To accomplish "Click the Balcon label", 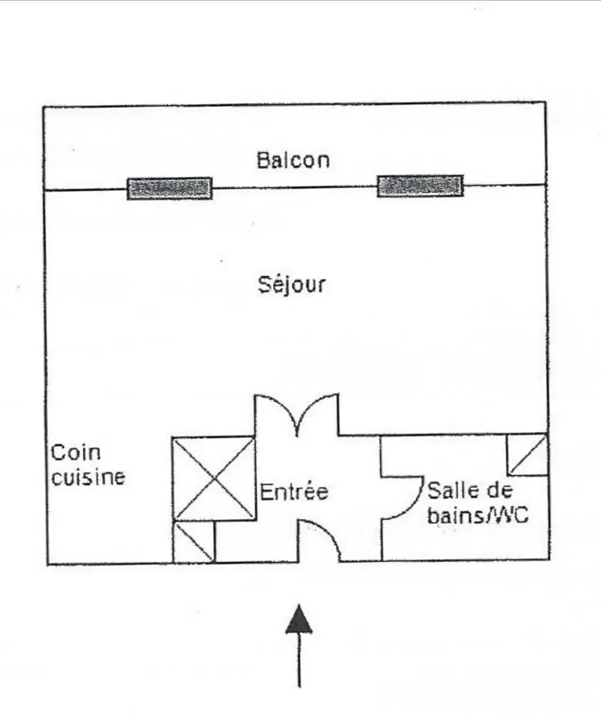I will coord(293,159).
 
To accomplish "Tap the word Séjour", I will coord(292,285).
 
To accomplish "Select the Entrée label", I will coord(293,492).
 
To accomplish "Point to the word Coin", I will coord(76,452).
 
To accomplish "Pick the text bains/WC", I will coord(477,515).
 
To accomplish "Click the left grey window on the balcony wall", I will coord(170,187).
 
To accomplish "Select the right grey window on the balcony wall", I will coord(420,185).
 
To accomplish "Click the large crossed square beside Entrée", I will coord(214,478).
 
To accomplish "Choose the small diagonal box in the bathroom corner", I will coord(527,454).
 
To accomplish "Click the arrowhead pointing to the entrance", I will coord(299,619).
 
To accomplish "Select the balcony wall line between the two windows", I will coord(294,187).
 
